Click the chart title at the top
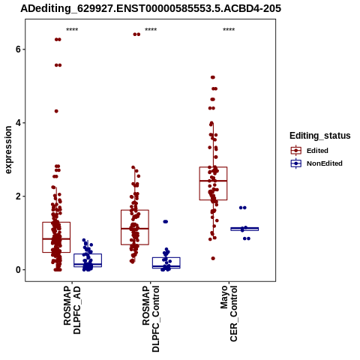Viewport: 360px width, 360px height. (151, 8)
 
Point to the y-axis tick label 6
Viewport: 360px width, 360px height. (18, 49)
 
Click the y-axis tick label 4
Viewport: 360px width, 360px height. (18, 123)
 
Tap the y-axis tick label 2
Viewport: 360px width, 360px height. (18, 196)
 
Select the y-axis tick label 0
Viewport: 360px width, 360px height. (18, 270)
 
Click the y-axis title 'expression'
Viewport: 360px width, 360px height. (8, 150)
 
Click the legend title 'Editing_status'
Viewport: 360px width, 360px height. (320, 136)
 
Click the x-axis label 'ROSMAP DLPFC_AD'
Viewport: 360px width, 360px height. (72, 310)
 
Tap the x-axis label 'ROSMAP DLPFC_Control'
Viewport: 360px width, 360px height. (151, 319)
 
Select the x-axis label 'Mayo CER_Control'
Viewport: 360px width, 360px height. (229, 313)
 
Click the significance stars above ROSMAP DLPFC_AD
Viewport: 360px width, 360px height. (72, 30)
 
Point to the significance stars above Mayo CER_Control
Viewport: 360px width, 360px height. (229, 30)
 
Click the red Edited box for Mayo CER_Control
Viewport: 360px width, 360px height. (213, 184)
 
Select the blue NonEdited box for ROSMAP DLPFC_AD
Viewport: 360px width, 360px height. (88, 260)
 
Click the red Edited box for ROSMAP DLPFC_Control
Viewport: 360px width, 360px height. (135, 227)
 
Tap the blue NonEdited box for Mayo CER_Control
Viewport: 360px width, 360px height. (244, 229)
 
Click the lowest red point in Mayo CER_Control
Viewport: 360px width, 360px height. (213, 258)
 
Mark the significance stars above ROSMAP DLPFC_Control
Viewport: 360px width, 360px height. (151, 30)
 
